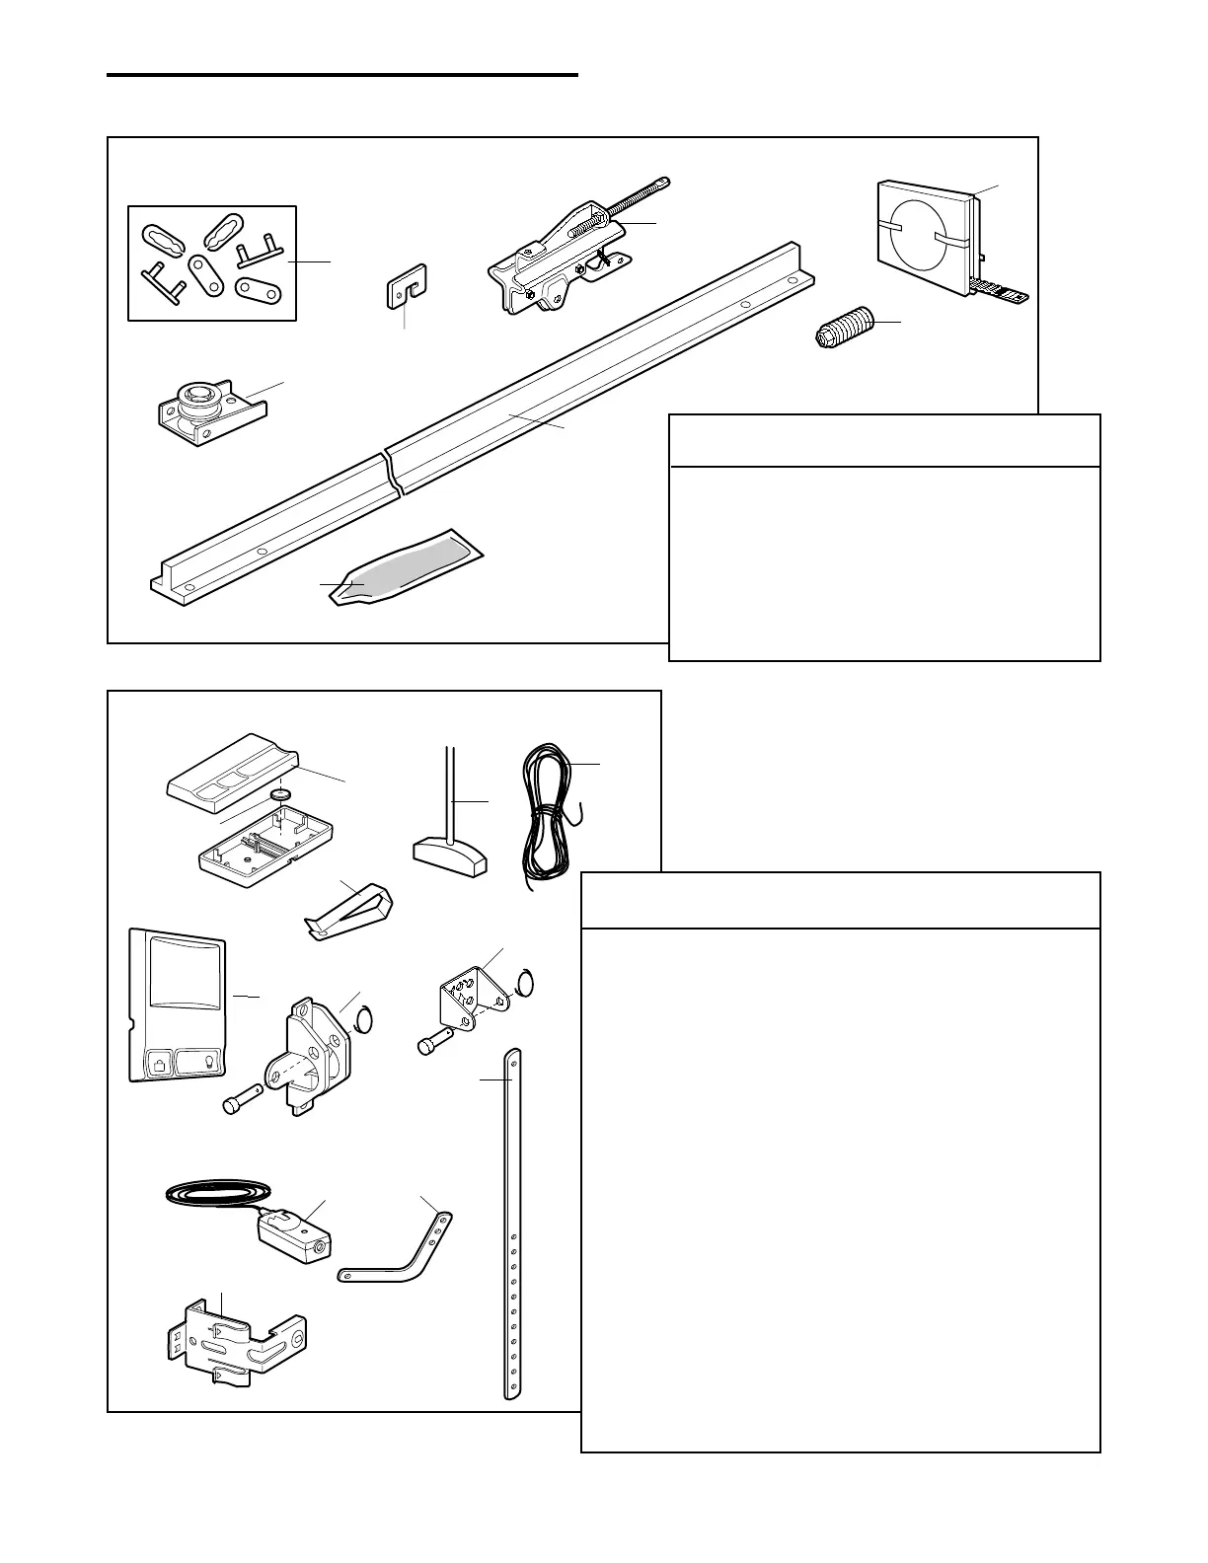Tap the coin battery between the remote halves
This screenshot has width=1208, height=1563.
(x=283, y=795)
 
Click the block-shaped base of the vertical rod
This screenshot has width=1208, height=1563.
(x=449, y=856)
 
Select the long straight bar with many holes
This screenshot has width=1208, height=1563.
(x=512, y=1224)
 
